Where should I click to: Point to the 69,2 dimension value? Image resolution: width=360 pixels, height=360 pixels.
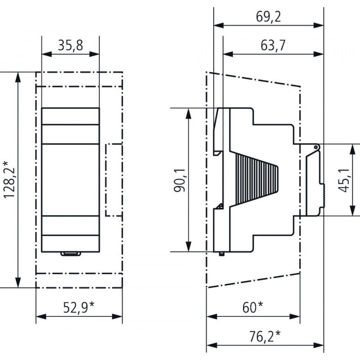pos(269,16)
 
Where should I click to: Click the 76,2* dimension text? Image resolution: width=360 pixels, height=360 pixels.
pos(265,335)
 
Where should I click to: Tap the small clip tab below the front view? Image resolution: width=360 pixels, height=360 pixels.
pos(70,255)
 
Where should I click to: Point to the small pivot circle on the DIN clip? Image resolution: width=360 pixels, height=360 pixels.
pos(316,147)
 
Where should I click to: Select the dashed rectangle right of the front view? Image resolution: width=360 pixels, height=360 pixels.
pos(114,180)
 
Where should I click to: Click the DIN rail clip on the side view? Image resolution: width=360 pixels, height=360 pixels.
pos(314,180)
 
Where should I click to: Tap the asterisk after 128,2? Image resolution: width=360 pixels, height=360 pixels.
pos(10,163)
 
